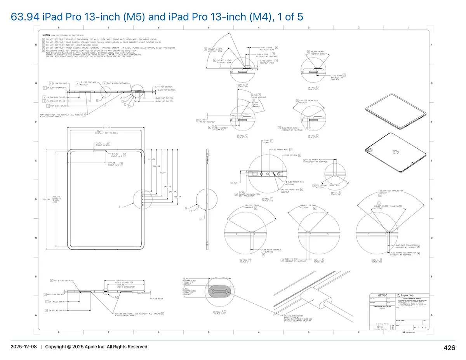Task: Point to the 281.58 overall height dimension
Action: coord(43,200)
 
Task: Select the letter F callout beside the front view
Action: coord(120,207)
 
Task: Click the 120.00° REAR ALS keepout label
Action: coord(306,101)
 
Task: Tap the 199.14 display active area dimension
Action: coord(101,132)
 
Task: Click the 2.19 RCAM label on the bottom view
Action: coord(157,299)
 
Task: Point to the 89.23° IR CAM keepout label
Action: coord(308,206)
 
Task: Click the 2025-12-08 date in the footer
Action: coord(23,346)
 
